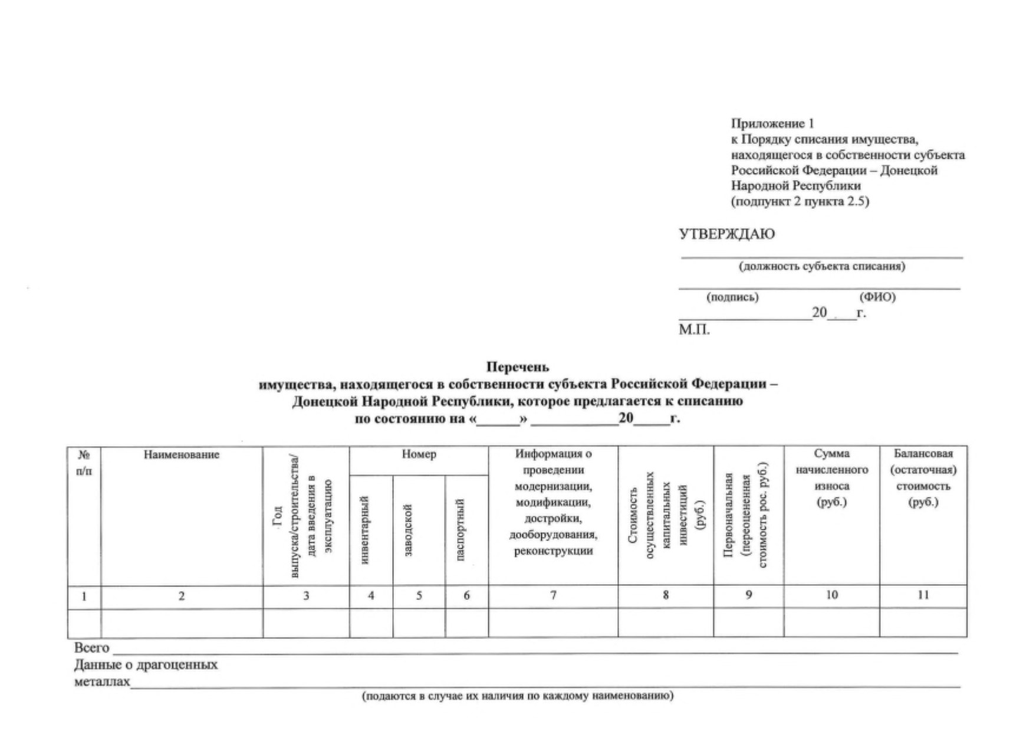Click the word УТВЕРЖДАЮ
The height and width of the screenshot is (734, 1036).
pyautogui.click(x=726, y=234)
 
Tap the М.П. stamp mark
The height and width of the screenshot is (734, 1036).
pyautogui.click(x=694, y=330)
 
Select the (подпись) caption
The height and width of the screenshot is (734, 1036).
pyautogui.click(x=732, y=297)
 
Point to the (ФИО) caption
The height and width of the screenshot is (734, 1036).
pyautogui.click(x=877, y=297)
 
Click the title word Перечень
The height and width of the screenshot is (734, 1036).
pyautogui.click(x=517, y=368)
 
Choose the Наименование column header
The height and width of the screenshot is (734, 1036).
pyautogui.click(x=181, y=455)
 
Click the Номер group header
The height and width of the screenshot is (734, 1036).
pyautogui.click(x=419, y=454)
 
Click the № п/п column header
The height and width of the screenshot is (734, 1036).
pyautogui.click(x=84, y=463)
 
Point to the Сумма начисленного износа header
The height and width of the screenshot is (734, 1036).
pyautogui.click(x=831, y=478)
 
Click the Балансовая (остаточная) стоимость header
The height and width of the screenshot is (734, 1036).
pyautogui.click(x=923, y=478)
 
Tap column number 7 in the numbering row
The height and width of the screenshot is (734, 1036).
pyautogui.click(x=553, y=596)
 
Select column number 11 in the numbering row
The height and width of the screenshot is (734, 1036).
pyautogui.click(x=923, y=596)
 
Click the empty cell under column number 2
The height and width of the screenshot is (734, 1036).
pyautogui.click(x=181, y=623)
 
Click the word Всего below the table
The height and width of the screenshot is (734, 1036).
pyautogui.click(x=91, y=648)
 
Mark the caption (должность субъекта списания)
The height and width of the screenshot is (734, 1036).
pyautogui.click(x=822, y=267)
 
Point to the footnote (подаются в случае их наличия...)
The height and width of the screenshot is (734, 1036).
pyautogui.click(x=517, y=696)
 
